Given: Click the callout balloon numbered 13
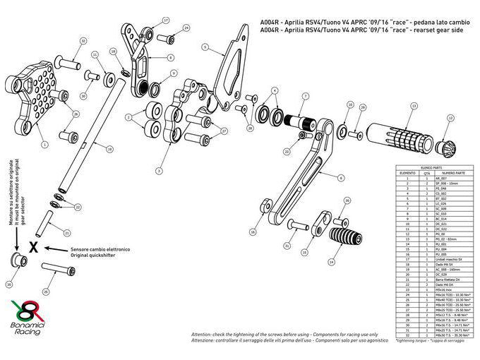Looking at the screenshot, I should click(412, 105).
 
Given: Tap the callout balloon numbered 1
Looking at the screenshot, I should click(44, 144).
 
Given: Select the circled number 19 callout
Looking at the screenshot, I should click(109, 149).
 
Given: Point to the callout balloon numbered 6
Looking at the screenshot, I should click(342, 179).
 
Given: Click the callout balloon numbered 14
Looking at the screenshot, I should click(304, 251).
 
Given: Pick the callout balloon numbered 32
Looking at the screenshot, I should click(83, 42).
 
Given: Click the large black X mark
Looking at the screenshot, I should click(32, 248).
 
